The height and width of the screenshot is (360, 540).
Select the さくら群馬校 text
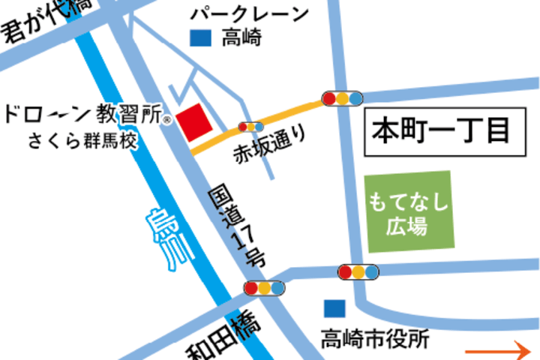[x=83, y=141]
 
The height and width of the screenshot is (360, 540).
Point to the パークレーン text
[x=248, y=13]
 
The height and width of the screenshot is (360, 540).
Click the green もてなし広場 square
[x=409, y=213]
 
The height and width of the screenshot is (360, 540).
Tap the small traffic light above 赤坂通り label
[x=250, y=127]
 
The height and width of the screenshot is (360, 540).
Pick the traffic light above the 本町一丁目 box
[x=342, y=97]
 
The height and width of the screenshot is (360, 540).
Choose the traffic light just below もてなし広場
[x=358, y=271]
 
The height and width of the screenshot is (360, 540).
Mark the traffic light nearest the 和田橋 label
[x=264, y=287]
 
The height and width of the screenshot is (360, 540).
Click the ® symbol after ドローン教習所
[x=168, y=118]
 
